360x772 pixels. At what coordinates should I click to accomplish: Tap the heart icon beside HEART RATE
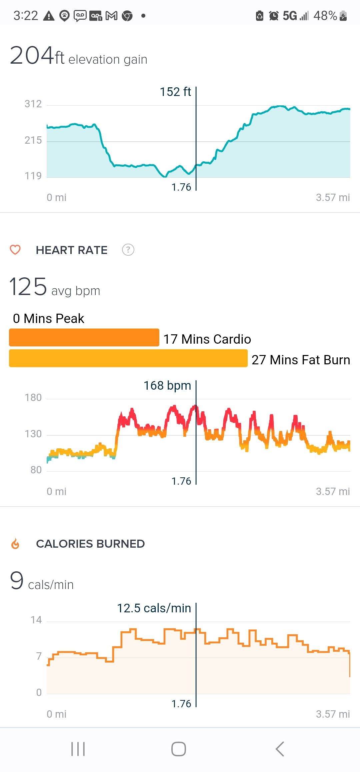coord(15,250)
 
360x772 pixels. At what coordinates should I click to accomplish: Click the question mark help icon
coord(128,250)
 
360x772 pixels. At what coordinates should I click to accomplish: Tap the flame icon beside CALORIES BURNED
coord(15,544)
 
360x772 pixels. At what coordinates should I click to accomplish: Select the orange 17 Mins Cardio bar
coord(84,337)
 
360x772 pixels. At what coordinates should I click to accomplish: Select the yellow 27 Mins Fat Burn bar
coord(128,358)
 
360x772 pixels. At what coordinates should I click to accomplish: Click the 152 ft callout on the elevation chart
coord(175,92)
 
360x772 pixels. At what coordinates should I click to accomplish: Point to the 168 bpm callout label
coord(167,386)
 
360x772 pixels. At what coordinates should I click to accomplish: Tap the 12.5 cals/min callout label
coord(154,608)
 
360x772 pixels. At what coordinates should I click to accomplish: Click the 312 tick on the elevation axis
coord(33,104)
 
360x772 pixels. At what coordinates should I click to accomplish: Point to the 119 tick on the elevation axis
coord(33,176)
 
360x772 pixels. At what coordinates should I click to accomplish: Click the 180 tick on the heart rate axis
coord(33,397)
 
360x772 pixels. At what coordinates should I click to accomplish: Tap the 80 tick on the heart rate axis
coord(36,470)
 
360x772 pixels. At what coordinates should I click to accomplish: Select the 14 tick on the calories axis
coord(36,620)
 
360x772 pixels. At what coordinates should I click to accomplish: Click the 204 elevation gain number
coord(32,55)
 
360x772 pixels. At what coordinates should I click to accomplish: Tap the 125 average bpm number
coord(28,287)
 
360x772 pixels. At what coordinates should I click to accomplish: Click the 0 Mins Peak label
coord(49,318)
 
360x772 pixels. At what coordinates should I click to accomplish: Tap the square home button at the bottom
coord(179,749)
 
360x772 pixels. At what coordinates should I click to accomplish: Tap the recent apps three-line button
coord(78,749)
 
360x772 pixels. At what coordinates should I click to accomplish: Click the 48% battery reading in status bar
coord(325,16)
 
